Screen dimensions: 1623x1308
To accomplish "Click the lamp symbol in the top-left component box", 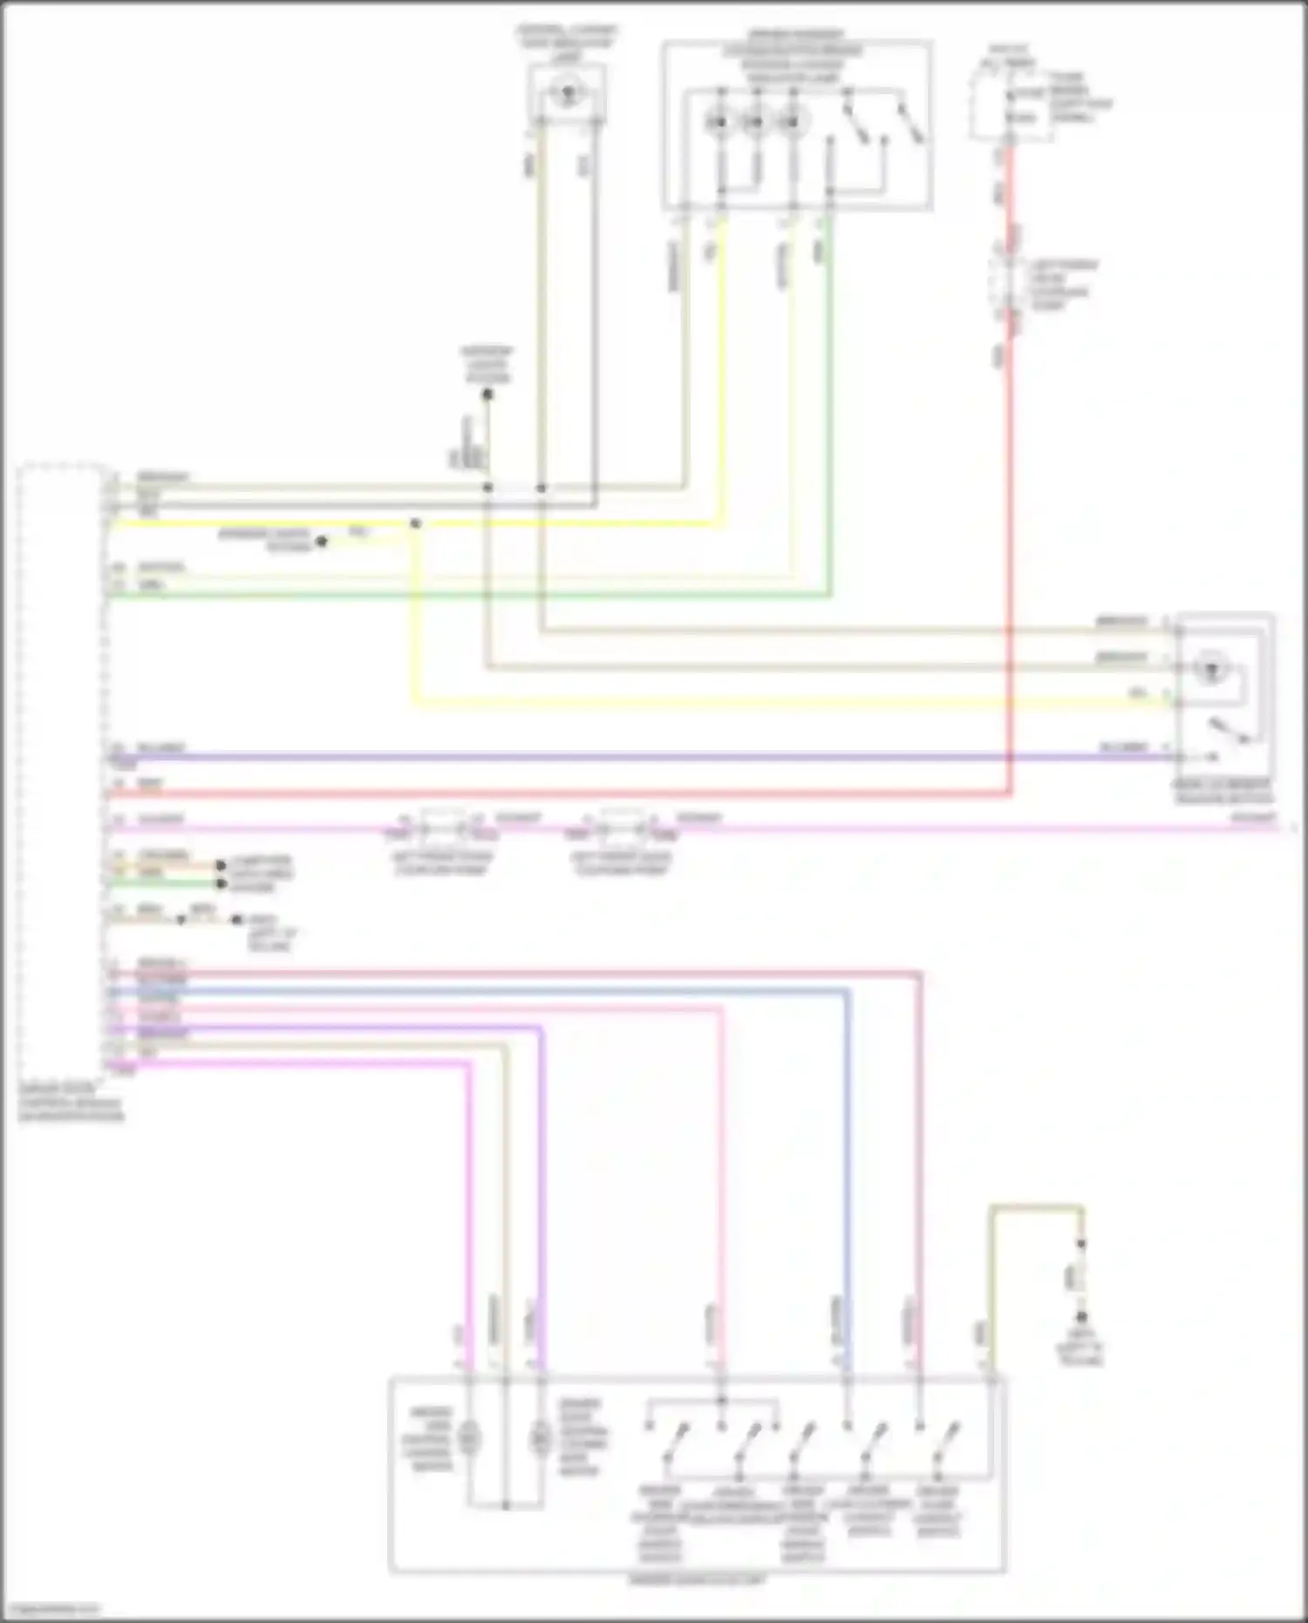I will coord(568,92).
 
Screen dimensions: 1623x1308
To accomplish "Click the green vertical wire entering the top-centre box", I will coord(829,392).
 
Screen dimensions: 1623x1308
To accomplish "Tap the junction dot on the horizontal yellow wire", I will coord(416,523).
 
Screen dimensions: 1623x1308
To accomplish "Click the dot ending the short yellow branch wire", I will coord(321,542).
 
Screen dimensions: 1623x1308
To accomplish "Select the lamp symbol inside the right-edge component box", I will coord(1210,670).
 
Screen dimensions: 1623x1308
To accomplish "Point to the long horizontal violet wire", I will coord(610,757).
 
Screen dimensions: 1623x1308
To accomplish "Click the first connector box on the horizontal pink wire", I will coord(443,825).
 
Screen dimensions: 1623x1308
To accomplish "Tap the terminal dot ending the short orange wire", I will coord(221,865).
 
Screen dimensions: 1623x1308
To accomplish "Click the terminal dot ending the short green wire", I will coord(221,883).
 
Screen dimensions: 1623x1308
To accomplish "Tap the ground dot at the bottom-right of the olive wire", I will coord(1082,1316).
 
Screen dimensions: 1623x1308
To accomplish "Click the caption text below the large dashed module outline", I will coord(72,1103).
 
